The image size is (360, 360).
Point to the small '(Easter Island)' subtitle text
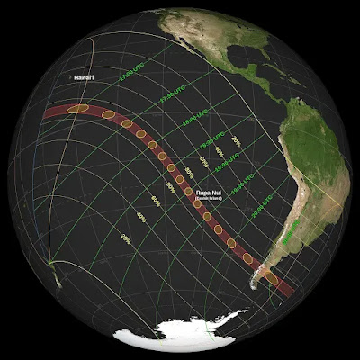(x=211, y=199)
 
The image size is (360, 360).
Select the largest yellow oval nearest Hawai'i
(x=79, y=109)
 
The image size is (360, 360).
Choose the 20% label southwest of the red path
(x=125, y=238)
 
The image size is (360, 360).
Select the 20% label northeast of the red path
(x=236, y=141)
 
